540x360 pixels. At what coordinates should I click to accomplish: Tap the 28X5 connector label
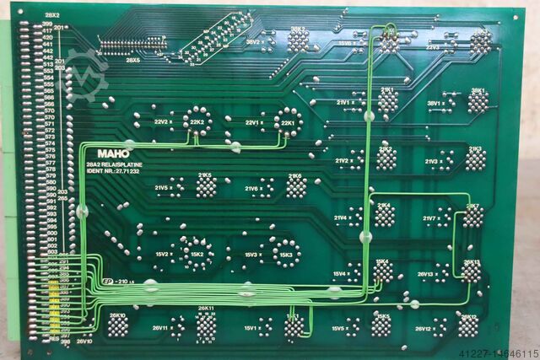pyautogui.click(x=133, y=60)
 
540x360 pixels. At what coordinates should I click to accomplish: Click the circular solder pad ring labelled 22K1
pyautogui.click(x=288, y=122)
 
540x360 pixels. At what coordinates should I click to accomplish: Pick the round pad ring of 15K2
pyautogui.click(x=197, y=254)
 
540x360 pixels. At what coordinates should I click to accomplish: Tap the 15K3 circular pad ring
pyautogui.click(x=285, y=253)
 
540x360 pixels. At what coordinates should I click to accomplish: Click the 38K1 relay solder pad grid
pyautogui.click(x=478, y=101)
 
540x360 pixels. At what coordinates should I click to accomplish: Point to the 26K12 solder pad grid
pyautogui.click(x=468, y=325)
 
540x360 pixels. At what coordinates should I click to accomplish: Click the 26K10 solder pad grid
pyautogui.click(x=117, y=325)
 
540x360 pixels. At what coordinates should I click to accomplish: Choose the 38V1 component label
pyautogui.click(x=435, y=104)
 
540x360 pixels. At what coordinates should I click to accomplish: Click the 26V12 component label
pyautogui.click(x=424, y=328)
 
